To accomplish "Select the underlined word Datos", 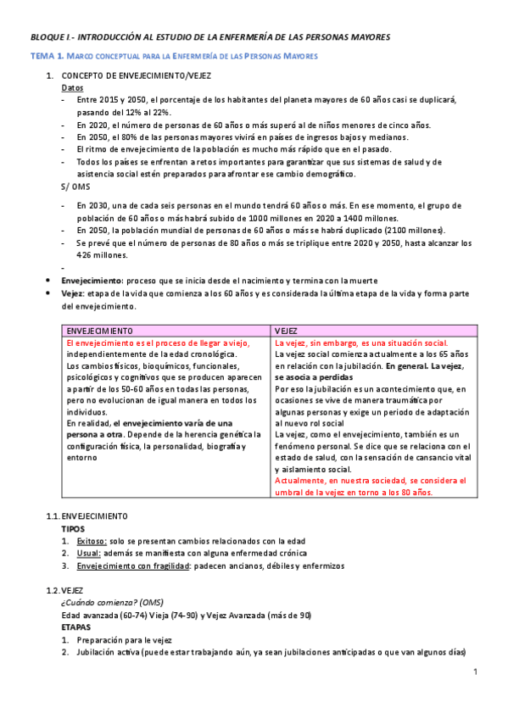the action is point(72,87).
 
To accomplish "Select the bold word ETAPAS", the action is point(76,628).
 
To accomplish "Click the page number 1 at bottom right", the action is point(476,672).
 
